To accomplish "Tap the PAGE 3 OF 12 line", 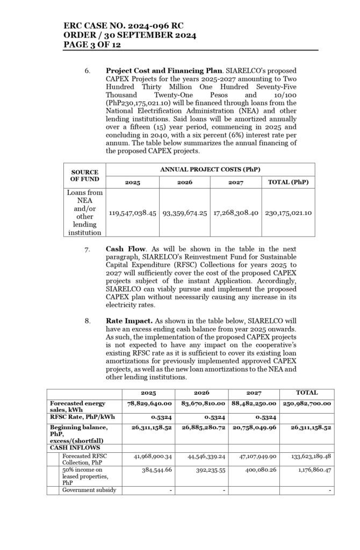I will pos(92,45).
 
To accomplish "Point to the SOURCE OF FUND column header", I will pos(84,176).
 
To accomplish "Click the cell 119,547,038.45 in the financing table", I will pos(132,213).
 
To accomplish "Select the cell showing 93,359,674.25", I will pos(184,213).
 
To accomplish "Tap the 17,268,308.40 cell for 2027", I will pos(236,213).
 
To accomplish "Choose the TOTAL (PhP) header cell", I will pos(288,183).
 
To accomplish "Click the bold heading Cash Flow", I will pos(126,250).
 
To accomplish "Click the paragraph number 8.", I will pos(87,321).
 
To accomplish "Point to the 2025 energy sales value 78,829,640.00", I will pos(148,403).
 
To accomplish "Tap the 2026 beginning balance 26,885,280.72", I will pos(201,428).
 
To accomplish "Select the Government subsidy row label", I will pos(89,490).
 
